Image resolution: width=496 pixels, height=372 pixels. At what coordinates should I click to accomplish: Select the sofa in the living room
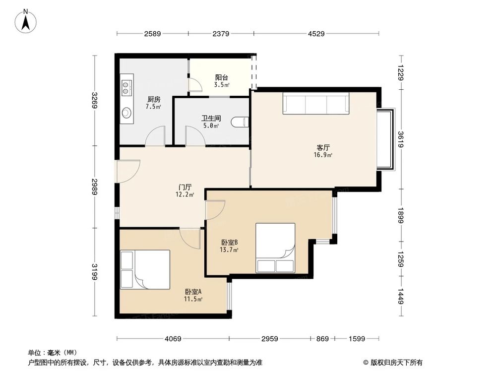coord(316,104)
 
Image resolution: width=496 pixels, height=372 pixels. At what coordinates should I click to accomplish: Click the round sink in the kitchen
coord(126,113)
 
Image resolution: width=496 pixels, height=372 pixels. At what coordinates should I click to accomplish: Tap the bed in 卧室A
coord(145,269)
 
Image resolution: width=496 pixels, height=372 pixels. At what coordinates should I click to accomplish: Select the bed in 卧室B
coord(275,248)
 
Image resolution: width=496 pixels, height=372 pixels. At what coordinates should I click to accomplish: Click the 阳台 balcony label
coord(222,81)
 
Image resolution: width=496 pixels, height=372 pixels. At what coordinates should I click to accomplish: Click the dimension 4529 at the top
coord(316,34)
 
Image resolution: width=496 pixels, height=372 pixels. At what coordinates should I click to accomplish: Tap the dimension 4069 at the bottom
coord(173,339)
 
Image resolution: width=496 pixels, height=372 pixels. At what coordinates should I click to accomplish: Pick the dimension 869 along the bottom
coord(322,339)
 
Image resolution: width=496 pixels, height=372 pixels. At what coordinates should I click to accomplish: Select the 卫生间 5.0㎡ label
coord(211,122)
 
